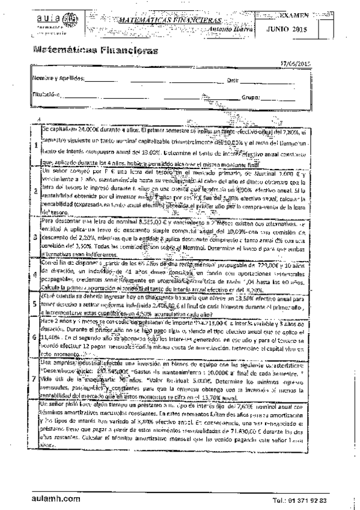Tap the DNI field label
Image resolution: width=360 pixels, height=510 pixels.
[233, 80]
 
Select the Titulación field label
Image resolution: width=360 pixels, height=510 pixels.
[44, 95]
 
